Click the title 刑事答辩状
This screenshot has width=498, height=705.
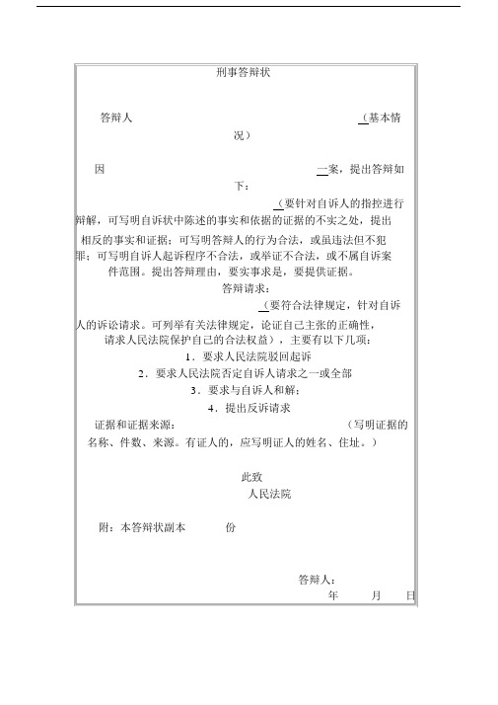click(x=243, y=73)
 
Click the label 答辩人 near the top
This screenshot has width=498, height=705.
click(x=116, y=117)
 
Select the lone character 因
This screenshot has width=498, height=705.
click(x=99, y=169)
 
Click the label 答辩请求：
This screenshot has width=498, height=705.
click(x=246, y=289)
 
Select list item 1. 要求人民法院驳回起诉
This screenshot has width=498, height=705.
click(x=242, y=355)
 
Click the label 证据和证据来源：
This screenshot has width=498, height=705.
click(x=134, y=425)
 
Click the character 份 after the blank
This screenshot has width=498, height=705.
click(x=230, y=528)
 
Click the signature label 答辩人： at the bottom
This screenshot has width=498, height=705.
click(x=319, y=580)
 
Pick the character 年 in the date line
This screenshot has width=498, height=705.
click(x=332, y=596)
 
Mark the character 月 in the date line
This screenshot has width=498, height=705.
click(x=377, y=596)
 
